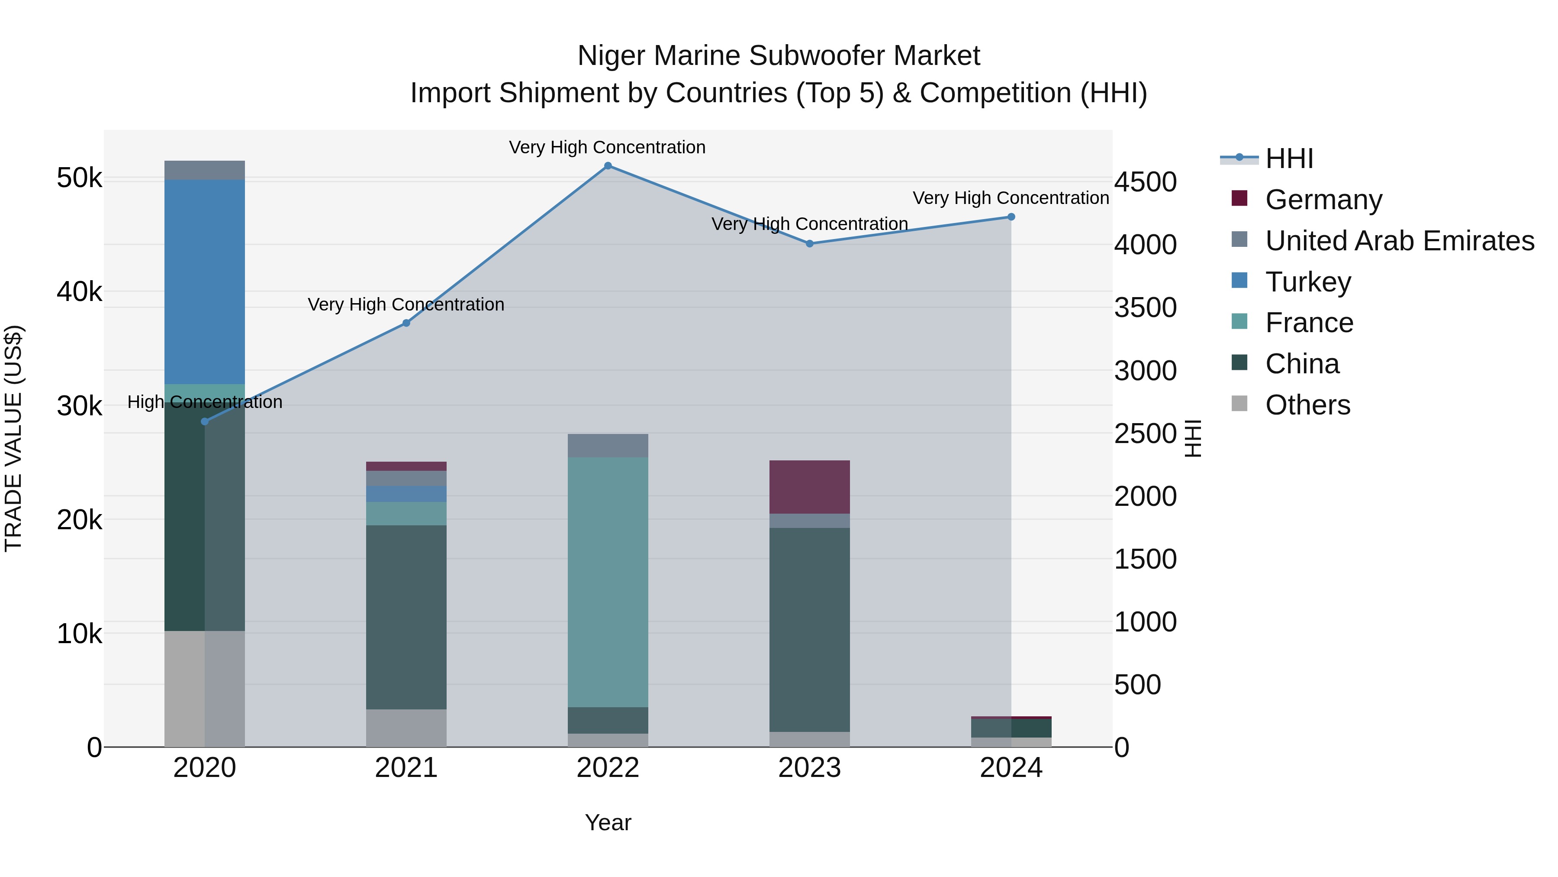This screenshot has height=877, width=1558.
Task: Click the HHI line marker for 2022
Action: (608, 166)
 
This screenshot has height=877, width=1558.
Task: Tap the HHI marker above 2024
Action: (1011, 217)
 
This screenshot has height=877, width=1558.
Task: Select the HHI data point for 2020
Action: (204, 421)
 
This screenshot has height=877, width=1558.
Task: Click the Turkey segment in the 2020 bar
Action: (204, 282)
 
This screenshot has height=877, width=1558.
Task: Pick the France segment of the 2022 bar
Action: (608, 581)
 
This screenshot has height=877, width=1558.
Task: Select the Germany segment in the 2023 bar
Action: (809, 487)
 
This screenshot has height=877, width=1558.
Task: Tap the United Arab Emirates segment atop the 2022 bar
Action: (608, 446)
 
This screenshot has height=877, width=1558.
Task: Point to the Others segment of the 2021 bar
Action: (406, 728)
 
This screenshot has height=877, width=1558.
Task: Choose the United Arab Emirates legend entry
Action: (1400, 241)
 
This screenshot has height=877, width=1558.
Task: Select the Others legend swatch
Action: (1239, 404)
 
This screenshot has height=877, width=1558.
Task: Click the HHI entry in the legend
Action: (1288, 159)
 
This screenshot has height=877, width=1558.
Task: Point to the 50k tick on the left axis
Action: (79, 178)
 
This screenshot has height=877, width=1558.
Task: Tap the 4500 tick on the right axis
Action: (1145, 182)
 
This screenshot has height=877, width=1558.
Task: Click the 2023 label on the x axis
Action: (809, 768)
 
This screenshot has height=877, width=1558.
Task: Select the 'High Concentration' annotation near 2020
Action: (204, 402)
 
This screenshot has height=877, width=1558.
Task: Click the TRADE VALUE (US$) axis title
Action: (13, 438)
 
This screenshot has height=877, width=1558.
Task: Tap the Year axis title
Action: (608, 822)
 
